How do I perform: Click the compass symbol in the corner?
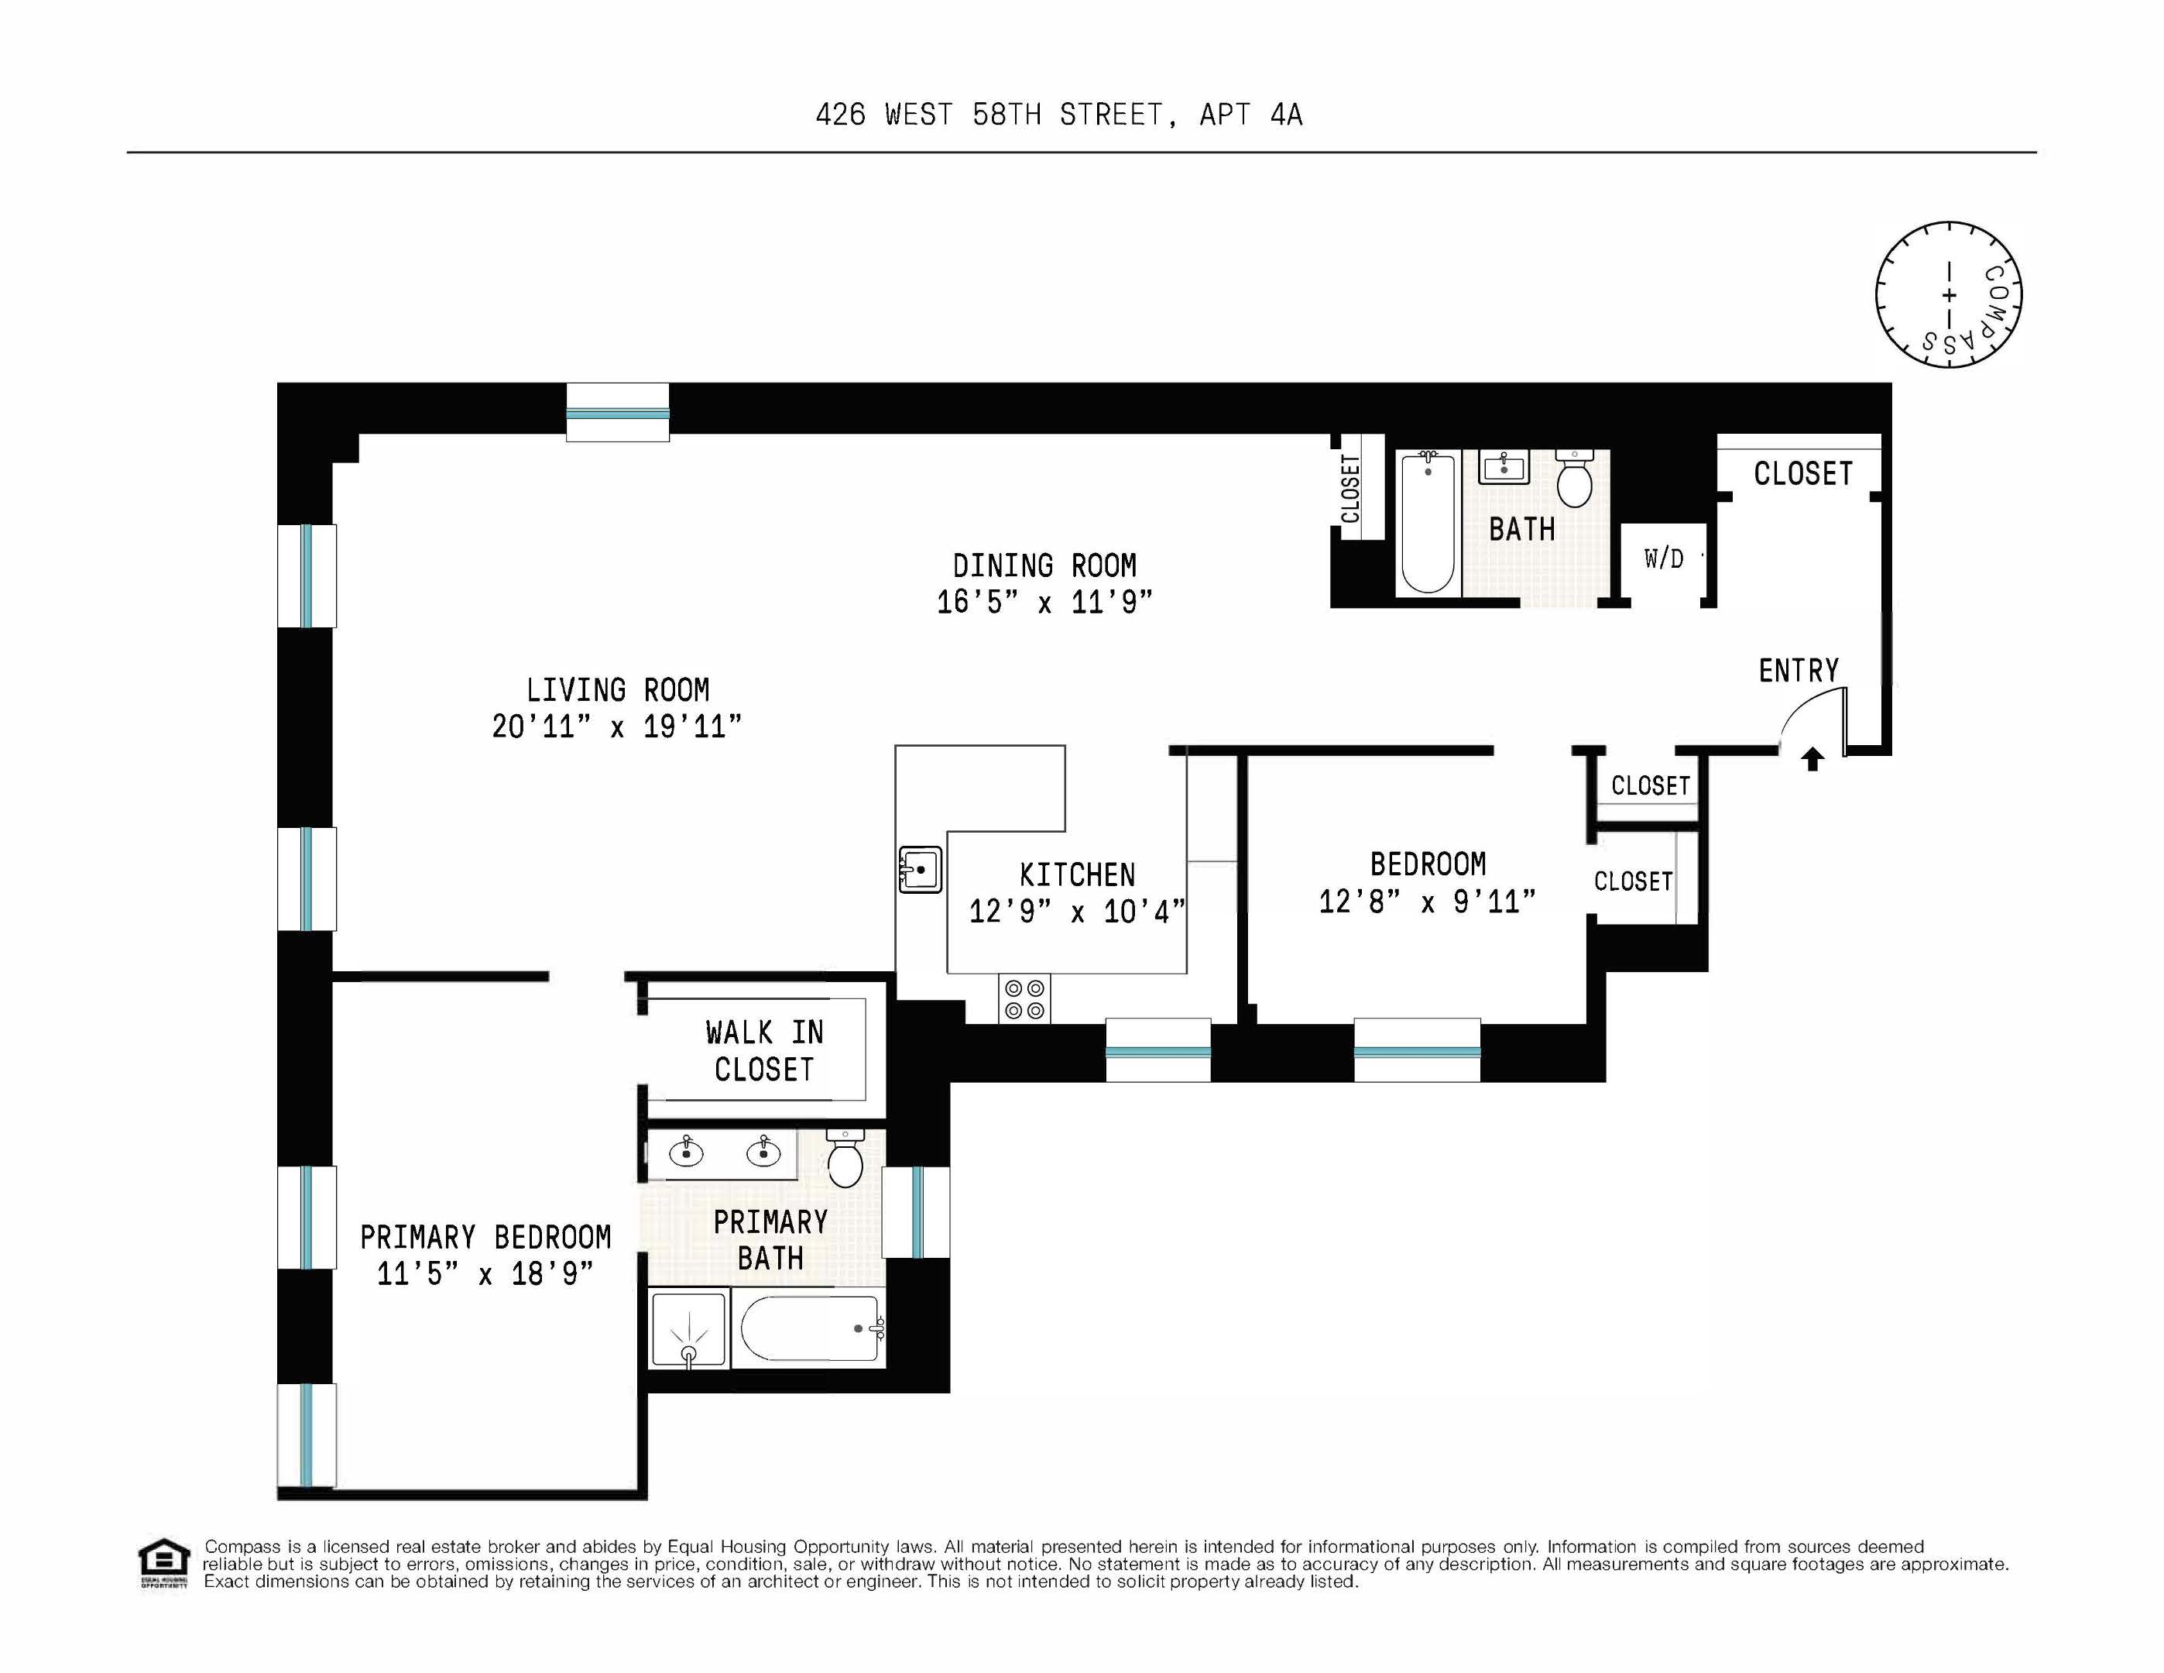(1948, 294)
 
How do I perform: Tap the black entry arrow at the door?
(1812, 759)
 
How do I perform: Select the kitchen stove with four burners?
(1024, 999)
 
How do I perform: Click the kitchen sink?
(920, 869)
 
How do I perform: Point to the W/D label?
(1664, 559)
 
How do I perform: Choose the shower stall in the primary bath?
(688, 1330)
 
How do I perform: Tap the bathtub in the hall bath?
(1428, 522)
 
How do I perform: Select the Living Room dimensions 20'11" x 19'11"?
(616, 727)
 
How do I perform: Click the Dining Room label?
(1044, 566)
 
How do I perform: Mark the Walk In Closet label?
(764, 1050)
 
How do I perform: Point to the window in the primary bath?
(917, 1212)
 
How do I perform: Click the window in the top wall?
(617, 412)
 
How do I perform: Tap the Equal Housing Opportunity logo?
(163, 1563)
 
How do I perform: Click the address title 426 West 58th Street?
(1058, 115)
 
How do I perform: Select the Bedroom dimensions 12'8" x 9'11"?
(1427, 901)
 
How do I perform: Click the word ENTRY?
(1799, 671)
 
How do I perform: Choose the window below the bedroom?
(1417, 1050)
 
